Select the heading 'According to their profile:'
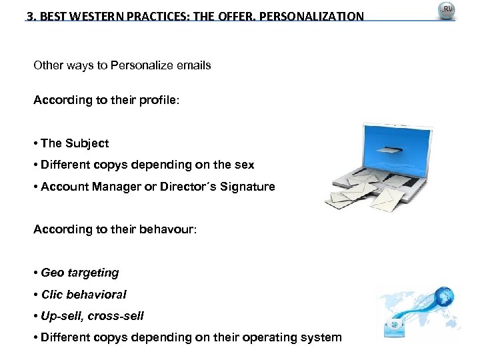click(x=106, y=100)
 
